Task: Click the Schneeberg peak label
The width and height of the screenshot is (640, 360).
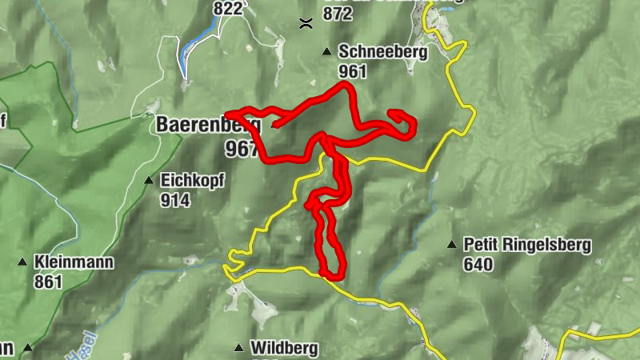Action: pos(383,53)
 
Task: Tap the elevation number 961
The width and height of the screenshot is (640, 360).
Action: pos(352,72)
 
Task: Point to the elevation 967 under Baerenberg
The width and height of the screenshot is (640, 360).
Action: pos(241,149)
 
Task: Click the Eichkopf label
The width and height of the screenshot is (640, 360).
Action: pos(192,181)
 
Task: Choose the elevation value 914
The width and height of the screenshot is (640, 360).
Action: pos(174,200)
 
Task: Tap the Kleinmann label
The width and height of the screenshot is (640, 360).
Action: pos(74,262)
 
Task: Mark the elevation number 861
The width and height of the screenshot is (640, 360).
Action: pos(49,281)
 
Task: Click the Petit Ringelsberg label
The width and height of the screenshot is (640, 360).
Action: pos(526,245)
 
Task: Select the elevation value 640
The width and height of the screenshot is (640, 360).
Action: pos(478,264)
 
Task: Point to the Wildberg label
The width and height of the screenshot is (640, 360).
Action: pos(284,348)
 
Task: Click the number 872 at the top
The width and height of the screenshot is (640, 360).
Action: pos(338,14)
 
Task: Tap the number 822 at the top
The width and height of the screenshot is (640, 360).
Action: pos(228,9)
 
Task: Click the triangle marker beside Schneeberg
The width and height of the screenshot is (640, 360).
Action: pos(326,52)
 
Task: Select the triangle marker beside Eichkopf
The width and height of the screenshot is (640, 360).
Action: pos(148,181)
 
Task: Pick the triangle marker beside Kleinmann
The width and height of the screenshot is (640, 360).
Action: pos(22,262)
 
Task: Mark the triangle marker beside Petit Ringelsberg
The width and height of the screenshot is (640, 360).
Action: pos(452,244)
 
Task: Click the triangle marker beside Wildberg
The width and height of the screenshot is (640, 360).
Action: pos(238,348)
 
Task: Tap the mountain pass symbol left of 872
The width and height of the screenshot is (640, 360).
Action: pos(304,22)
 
